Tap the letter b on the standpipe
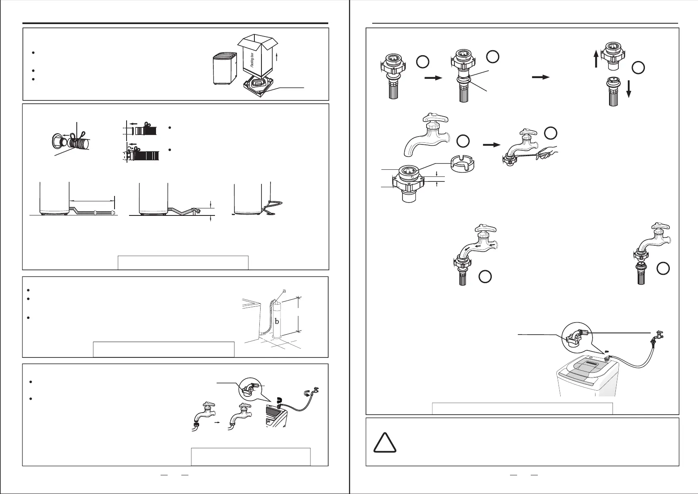(x=277, y=321)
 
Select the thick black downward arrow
(x=629, y=88)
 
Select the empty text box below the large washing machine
(x=522, y=408)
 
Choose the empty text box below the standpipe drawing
(x=164, y=349)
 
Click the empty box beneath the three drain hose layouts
(x=183, y=263)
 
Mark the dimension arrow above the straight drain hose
(x=91, y=201)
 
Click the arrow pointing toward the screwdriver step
(x=491, y=145)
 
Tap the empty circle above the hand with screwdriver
(x=550, y=133)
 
